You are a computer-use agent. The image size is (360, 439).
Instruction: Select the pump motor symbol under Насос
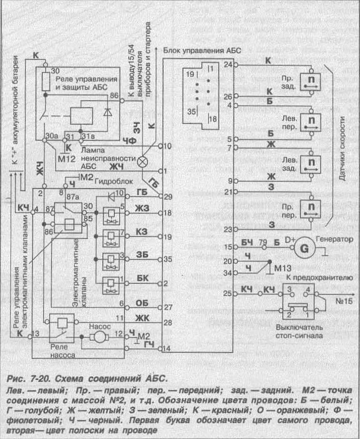[x=97, y=337]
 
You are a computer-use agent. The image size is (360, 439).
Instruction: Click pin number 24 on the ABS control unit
[x=227, y=65]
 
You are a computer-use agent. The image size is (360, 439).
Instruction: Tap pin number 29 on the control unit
[x=168, y=196]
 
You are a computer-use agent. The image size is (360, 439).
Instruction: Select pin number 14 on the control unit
[x=168, y=348]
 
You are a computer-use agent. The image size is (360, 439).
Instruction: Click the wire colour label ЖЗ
[x=142, y=207]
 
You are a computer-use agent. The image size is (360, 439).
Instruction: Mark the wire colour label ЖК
[x=142, y=319]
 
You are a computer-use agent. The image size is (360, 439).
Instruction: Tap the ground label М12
[x=67, y=158]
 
